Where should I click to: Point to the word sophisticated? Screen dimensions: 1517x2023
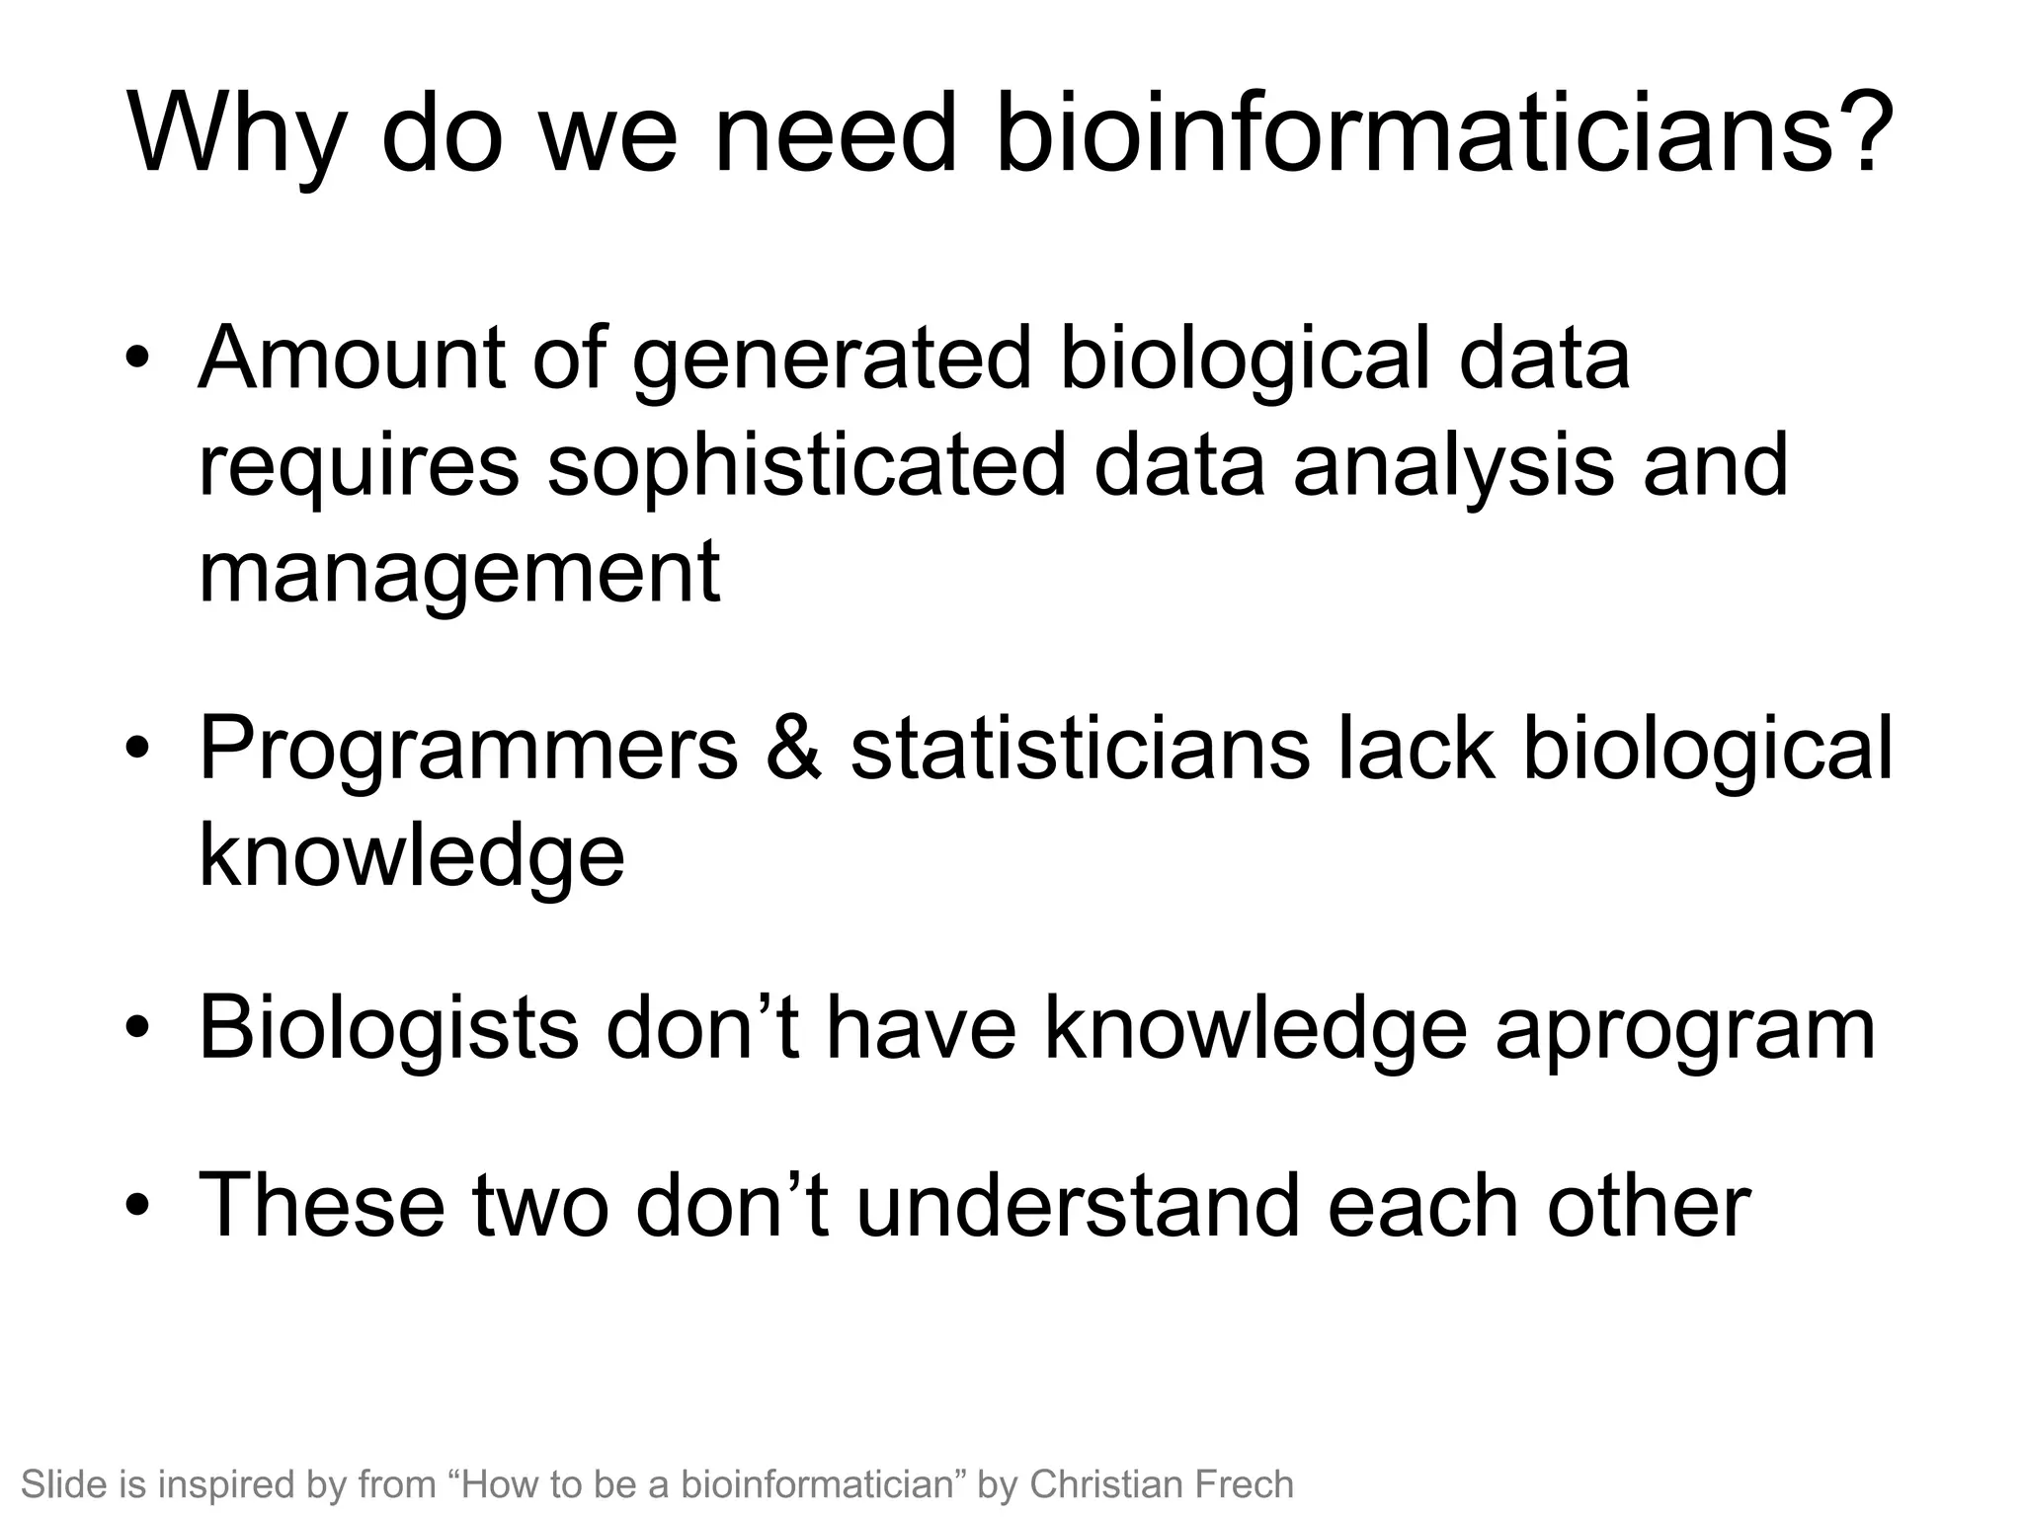tap(806, 466)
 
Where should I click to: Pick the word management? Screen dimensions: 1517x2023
tap(459, 575)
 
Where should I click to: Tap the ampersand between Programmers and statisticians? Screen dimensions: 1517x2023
tap(793, 749)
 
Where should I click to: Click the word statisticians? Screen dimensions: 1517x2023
tap(1080, 749)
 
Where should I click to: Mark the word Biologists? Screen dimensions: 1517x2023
tap(388, 1028)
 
